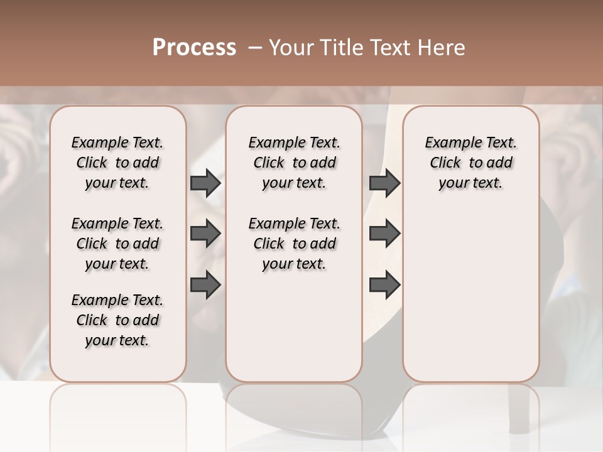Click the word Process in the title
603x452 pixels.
(x=194, y=47)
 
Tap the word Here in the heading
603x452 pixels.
(x=440, y=48)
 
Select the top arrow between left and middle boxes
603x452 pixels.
(x=205, y=183)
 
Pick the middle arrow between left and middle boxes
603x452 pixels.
(x=205, y=234)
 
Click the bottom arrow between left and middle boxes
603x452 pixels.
(x=205, y=285)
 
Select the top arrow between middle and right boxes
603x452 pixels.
(x=384, y=183)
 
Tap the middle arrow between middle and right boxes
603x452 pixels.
(x=384, y=234)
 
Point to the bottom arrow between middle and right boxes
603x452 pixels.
(x=384, y=285)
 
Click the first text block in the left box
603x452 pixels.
(x=117, y=163)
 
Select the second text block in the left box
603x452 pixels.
(x=117, y=244)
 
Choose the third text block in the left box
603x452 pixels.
(x=117, y=320)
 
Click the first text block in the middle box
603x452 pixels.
(x=294, y=163)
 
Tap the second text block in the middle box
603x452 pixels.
(x=294, y=244)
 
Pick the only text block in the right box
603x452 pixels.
(x=470, y=163)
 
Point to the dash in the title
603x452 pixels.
(x=255, y=48)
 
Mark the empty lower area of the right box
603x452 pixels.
(x=470, y=301)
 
